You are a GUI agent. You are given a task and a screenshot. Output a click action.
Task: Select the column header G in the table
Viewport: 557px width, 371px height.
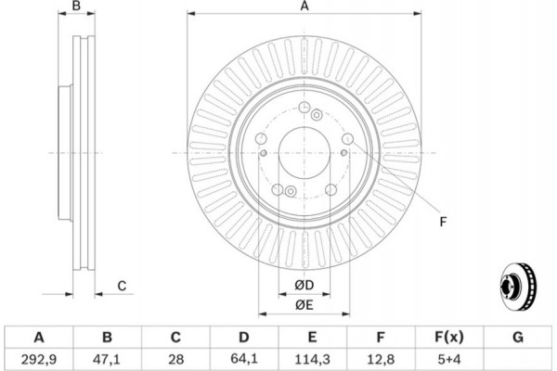point(518,336)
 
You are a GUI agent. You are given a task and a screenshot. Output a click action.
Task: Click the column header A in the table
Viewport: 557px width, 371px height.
point(39,336)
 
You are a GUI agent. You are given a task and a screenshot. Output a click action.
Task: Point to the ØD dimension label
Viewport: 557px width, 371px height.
point(304,283)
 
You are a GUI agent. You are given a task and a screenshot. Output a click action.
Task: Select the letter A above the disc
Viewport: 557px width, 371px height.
point(304,7)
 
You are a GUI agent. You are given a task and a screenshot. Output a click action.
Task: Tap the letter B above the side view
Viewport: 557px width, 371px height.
point(78,7)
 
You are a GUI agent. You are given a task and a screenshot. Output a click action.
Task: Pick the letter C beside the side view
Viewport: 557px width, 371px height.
point(122,285)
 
